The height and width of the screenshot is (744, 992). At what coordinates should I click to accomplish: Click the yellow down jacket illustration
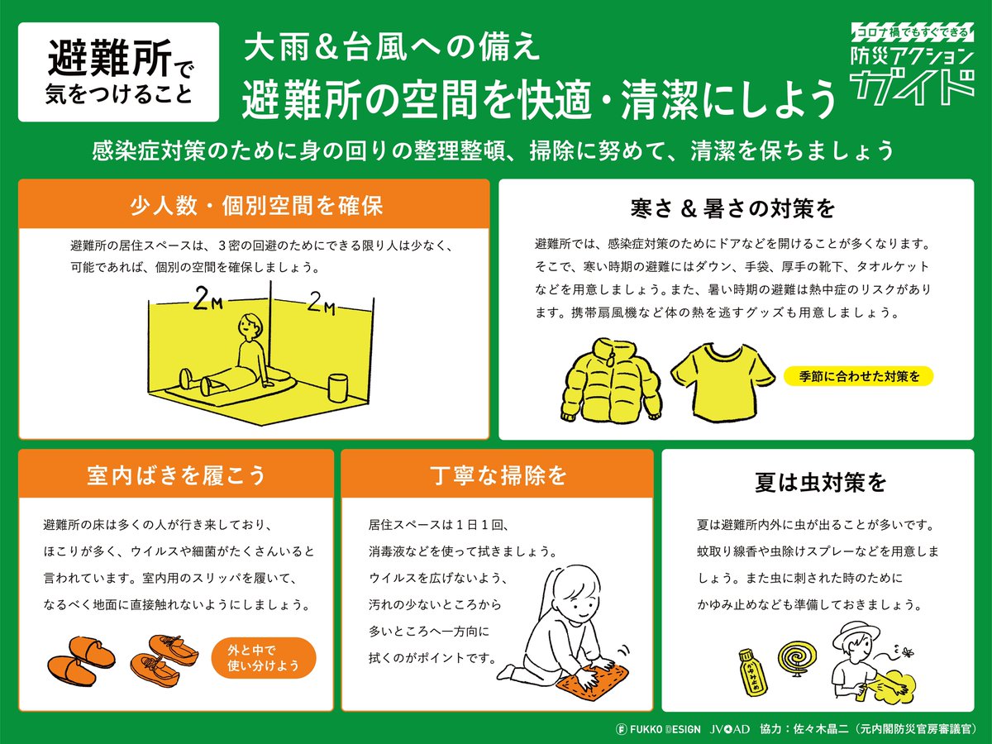tap(611, 382)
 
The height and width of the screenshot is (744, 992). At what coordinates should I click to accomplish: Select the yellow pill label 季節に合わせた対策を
tap(858, 376)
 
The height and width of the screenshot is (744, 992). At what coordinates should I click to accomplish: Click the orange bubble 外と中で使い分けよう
tap(263, 658)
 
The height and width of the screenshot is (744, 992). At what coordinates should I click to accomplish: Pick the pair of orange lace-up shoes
tap(164, 660)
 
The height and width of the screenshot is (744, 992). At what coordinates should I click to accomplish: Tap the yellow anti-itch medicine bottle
tap(752, 672)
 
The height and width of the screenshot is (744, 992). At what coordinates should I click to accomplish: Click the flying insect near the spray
tap(907, 652)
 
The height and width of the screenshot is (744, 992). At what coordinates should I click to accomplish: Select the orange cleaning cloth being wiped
tap(591, 682)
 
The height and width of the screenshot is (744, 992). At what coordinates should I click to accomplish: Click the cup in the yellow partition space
tap(337, 388)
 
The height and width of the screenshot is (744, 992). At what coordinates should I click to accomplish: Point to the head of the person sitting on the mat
tap(250, 327)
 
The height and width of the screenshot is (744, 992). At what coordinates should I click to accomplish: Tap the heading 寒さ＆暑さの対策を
tap(732, 208)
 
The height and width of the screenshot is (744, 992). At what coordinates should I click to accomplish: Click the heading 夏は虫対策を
tap(820, 482)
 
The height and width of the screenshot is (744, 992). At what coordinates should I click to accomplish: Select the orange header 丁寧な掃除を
tap(498, 475)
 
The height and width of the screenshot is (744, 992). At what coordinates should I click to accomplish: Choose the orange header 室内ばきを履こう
tap(176, 475)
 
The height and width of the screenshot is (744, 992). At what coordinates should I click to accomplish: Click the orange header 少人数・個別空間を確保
tap(254, 204)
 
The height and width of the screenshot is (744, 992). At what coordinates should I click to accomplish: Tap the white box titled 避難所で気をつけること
tap(118, 72)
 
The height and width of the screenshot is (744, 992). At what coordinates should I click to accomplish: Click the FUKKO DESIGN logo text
tap(658, 728)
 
